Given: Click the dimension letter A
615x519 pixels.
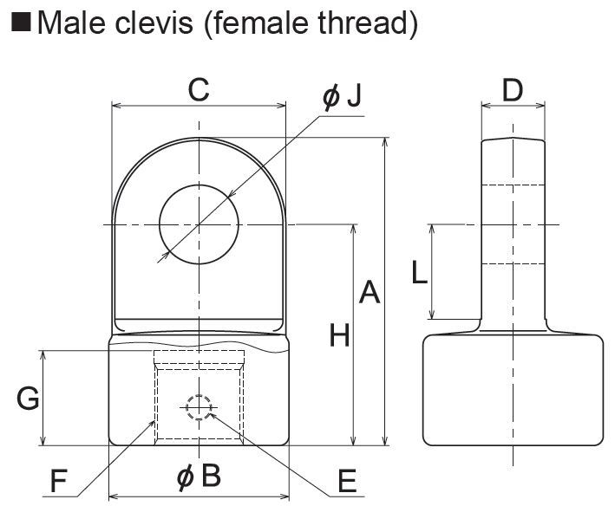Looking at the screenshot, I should point(370,293).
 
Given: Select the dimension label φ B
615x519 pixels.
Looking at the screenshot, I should point(199,477).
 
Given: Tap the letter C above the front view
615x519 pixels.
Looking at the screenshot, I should point(199,89).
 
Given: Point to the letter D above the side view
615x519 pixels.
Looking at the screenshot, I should point(513,89).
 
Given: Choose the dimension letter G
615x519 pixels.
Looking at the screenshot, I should point(28,399).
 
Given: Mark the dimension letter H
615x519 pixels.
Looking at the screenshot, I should point(339,335).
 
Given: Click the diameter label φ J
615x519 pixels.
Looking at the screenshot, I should point(341,97).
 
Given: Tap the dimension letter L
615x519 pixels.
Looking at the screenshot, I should point(419,273).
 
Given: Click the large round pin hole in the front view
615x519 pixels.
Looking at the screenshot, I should point(199,224).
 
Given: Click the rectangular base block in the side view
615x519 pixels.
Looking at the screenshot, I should point(513,390).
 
